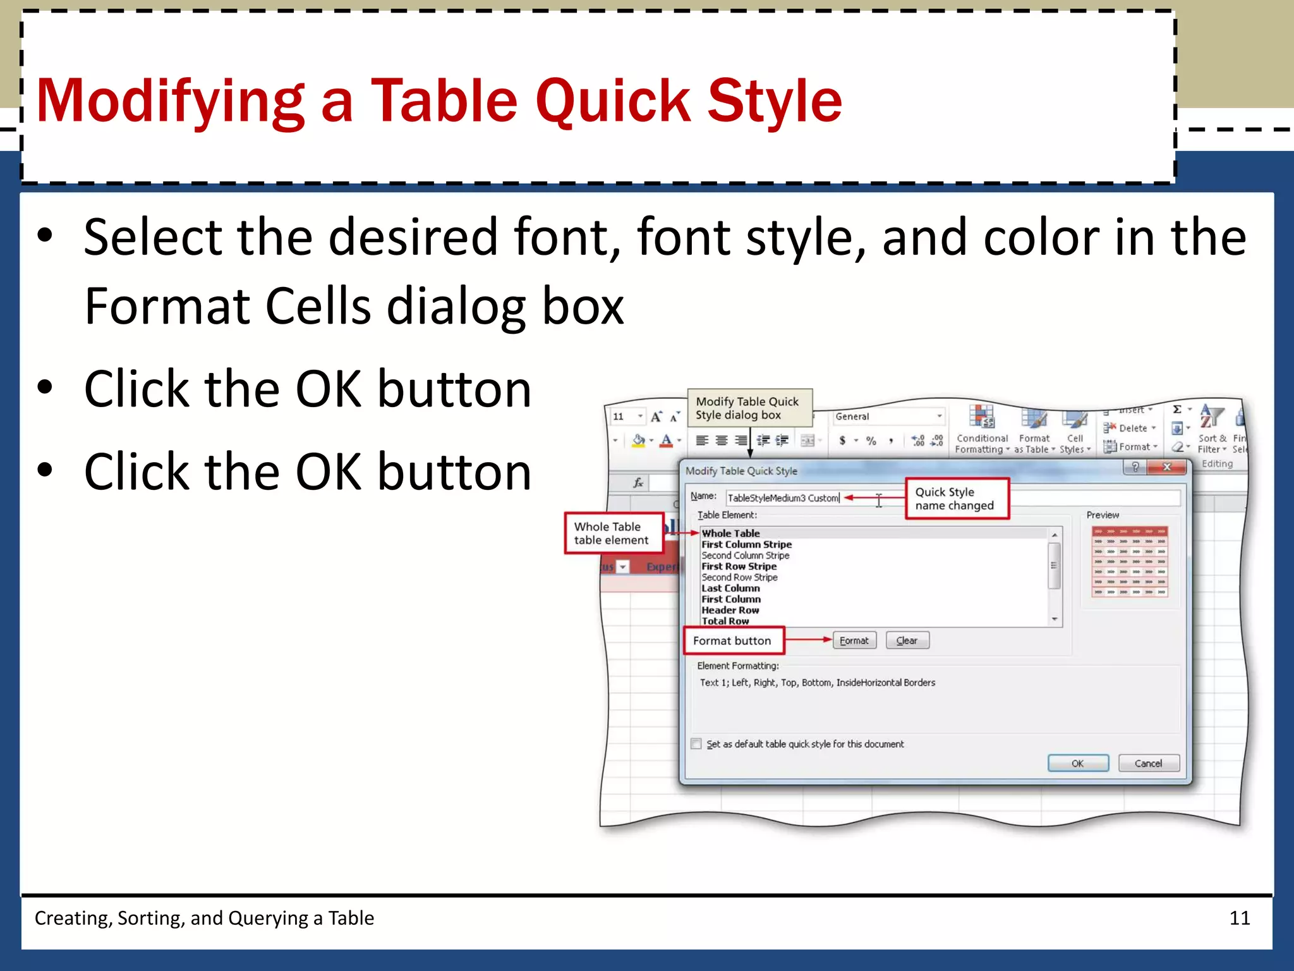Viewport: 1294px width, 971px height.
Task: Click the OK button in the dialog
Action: (x=1078, y=763)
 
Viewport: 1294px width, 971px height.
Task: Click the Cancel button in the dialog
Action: (x=1148, y=763)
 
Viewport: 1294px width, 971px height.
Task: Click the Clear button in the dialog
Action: (x=907, y=640)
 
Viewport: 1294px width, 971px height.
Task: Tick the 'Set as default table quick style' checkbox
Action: (x=696, y=743)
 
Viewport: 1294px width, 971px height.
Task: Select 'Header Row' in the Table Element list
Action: (x=730, y=610)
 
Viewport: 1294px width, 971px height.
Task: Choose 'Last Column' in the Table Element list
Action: (x=730, y=588)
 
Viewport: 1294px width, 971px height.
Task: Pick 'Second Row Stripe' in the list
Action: (x=739, y=577)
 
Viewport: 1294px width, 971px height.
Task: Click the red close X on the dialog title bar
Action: (x=1167, y=467)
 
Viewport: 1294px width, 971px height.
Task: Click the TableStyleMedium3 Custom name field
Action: (x=783, y=498)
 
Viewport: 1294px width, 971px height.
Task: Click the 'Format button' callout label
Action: (x=733, y=640)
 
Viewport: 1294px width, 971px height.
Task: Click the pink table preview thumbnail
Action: (x=1129, y=561)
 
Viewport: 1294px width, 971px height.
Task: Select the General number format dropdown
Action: (x=888, y=417)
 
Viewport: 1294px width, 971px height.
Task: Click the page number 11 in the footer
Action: (x=1240, y=918)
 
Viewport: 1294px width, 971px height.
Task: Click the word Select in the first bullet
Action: (x=153, y=237)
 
